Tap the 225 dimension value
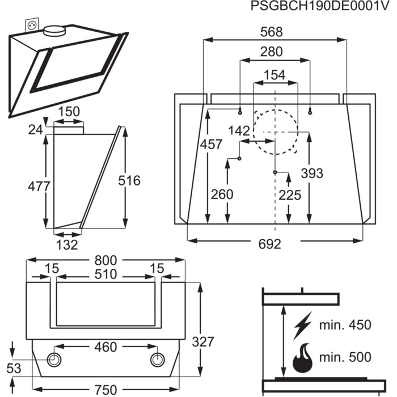pyautogui.click(x=289, y=194)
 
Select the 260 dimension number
pyautogui.click(x=222, y=194)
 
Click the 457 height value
pyautogui.click(x=211, y=144)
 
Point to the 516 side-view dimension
pyautogui.click(x=129, y=180)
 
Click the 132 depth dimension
pyautogui.click(x=67, y=244)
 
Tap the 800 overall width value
pyautogui.click(x=106, y=260)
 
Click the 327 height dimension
pyautogui.click(x=203, y=341)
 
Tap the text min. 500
pyautogui.click(x=345, y=357)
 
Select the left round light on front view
pyautogui.click(x=55, y=360)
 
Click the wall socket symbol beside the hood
pyautogui.click(x=30, y=26)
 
